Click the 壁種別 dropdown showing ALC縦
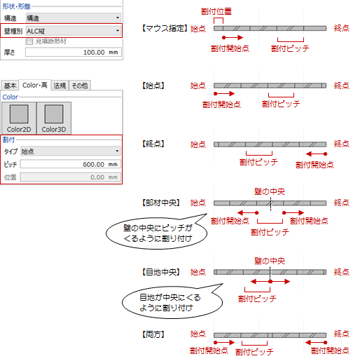pyautogui.click(x=74, y=31)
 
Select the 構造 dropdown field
pyautogui.click(x=74, y=18)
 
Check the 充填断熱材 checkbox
pyautogui.click(x=29, y=41)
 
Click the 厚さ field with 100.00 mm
pyautogui.click(x=74, y=52)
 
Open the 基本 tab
pyautogui.click(x=10, y=86)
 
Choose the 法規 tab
pyautogui.click(x=60, y=86)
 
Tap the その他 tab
pyautogui.click(x=80, y=86)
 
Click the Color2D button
pyautogui.click(x=19, y=118)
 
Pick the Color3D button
pyautogui.click(x=54, y=118)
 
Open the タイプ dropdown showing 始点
pyautogui.click(x=71, y=151)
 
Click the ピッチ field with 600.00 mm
pyautogui.click(x=71, y=164)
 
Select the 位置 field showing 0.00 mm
pyautogui.click(x=71, y=177)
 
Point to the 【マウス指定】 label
pyautogui.click(x=165, y=29)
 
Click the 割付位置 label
pyautogui.click(x=216, y=11)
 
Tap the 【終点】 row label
pyautogui.click(x=153, y=144)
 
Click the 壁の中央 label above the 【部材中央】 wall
pyautogui.click(x=270, y=191)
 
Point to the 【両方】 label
pyautogui.click(x=153, y=334)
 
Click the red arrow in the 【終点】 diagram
pyautogui.click(x=317, y=154)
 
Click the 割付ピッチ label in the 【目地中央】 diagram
pyautogui.click(x=257, y=299)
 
